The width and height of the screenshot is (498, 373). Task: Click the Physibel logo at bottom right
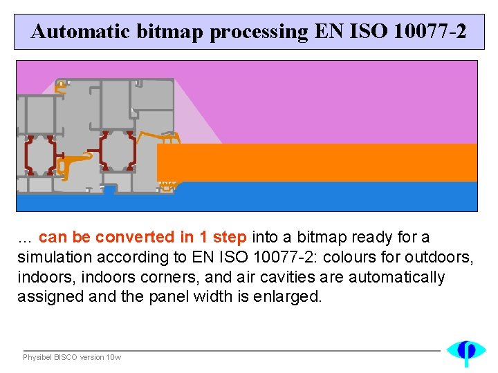tap(465, 352)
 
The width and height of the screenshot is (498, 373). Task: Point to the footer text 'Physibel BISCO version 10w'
tap(72, 357)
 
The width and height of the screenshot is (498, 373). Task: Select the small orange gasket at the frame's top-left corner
tap(62, 86)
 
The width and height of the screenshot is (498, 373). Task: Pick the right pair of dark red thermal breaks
tap(115, 150)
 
